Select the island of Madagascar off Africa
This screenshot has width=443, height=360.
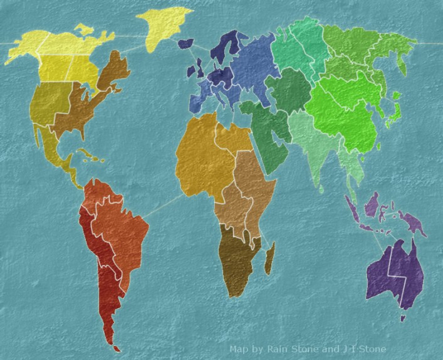pos(269,258)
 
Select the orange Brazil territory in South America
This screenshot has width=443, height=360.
pos(122,226)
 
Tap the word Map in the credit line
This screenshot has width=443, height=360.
pos(238,349)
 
